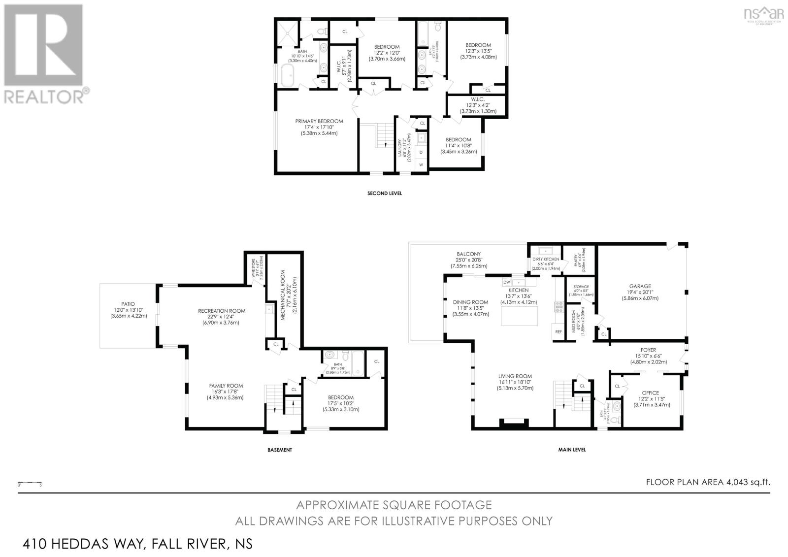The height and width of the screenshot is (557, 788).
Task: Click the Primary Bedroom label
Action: click(x=319, y=121)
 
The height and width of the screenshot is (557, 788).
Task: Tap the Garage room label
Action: click(x=640, y=286)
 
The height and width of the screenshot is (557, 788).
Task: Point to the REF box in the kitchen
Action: click(x=558, y=332)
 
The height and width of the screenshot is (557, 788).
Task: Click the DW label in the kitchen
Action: click(x=506, y=282)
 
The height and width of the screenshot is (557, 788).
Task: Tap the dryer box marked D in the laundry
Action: click(x=421, y=153)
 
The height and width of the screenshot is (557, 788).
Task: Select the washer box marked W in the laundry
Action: click(x=421, y=165)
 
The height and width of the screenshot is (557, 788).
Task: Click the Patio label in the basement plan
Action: click(x=128, y=304)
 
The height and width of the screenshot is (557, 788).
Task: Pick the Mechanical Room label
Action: click(x=284, y=301)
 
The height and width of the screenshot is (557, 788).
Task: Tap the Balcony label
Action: click(x=468, y=254)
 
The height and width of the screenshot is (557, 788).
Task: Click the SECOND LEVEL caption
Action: click(x=385, y=194)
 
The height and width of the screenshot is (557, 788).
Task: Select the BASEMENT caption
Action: click(x=280, y=450)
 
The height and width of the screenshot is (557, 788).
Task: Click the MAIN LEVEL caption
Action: click(x=572, y=450)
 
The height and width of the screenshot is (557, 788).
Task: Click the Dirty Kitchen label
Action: click(x=546, y=259)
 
